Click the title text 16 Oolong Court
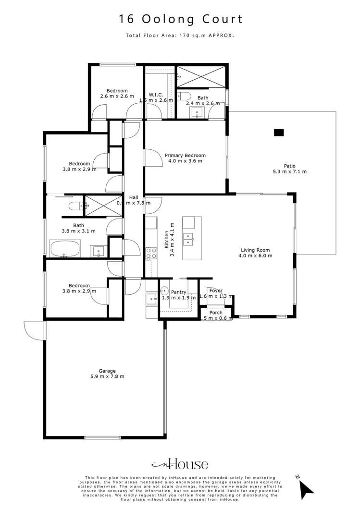181,19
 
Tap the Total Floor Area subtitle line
180,36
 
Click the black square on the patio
278,133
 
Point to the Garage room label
107,371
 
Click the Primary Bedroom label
185,156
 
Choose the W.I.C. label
156,95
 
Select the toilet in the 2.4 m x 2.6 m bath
183,97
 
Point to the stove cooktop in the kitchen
151,253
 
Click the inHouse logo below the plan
180,464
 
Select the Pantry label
178,292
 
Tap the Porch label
216,313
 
